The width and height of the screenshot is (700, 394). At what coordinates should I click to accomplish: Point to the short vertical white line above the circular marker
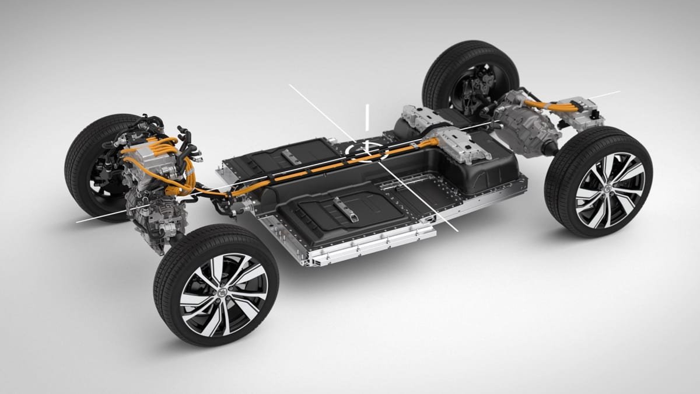(x=367, y=117)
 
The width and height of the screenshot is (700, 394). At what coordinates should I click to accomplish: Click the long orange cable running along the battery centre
(x=327, y=170)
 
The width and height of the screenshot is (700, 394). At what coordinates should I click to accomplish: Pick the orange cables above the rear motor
(x=548, y=105)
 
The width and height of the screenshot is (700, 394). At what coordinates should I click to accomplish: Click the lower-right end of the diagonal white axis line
(x=457, y=229)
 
